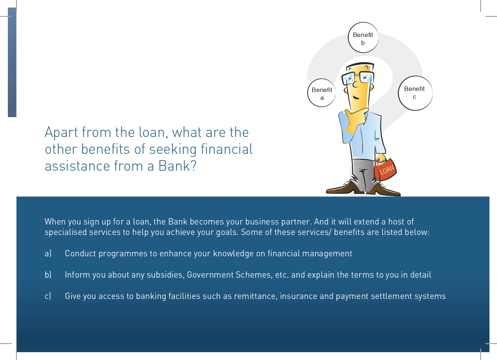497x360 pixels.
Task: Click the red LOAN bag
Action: (385, 170)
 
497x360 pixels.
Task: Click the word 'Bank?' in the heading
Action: (177, 166)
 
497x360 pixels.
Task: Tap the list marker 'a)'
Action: (48, 253)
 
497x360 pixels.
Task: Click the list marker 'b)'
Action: (48, 275)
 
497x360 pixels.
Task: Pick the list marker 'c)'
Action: (48, 296)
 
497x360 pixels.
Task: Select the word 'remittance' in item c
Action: (255, 296)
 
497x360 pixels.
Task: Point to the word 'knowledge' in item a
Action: (233, 254)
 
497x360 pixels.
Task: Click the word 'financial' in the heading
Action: (227, 149)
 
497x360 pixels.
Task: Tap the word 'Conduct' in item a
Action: (80, 253)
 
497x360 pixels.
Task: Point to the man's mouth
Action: (356, 98)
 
